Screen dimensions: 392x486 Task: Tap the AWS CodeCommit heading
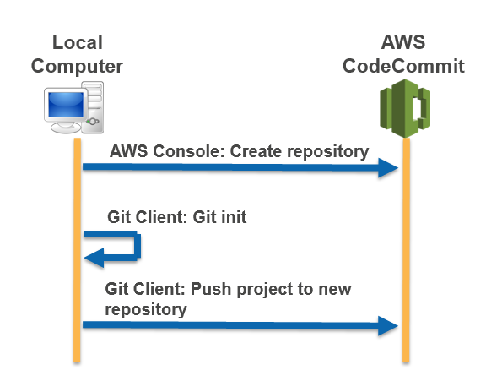tap(403, 54)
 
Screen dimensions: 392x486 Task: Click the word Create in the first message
tap(252, 151)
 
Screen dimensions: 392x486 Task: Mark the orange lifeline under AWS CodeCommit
tap(406, 253)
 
